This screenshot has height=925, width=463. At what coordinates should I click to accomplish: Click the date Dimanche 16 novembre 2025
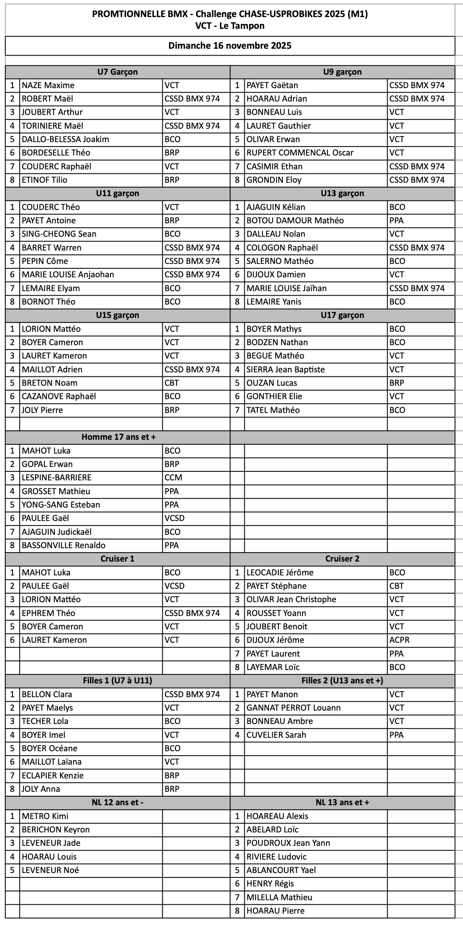point(230,45)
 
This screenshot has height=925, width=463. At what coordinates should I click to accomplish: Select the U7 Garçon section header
point(117,72)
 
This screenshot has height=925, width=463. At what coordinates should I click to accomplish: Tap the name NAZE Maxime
point(48,85)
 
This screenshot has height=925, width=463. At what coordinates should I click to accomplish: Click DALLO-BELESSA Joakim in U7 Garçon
point(65,139)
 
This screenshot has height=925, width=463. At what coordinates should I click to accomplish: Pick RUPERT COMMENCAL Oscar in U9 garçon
point(300,153)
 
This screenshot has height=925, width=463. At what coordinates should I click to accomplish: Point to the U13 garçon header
point(342,193)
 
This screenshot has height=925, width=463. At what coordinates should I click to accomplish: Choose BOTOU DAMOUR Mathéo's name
point(295,220)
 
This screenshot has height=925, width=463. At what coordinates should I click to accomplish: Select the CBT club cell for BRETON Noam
point(172,383)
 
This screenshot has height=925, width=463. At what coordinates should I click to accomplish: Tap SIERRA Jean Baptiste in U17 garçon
point(286,370)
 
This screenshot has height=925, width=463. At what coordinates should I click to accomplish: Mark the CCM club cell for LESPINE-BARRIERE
point(173,478)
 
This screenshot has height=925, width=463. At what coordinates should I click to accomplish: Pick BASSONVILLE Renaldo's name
point(64,545)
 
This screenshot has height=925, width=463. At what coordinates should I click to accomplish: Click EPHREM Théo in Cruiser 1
point(49,613)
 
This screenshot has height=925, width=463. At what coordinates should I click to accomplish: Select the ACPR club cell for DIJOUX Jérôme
point(399,640)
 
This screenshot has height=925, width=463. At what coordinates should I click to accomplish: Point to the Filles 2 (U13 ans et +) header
point(342,681)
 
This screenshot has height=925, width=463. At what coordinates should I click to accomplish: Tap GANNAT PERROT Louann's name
point(293,708)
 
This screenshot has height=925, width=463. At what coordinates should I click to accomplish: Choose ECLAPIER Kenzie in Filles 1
point(53,776)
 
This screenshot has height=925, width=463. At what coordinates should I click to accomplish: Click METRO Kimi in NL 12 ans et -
point(45,816)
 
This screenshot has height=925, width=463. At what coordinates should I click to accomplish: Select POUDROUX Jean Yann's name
point(288,843)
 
